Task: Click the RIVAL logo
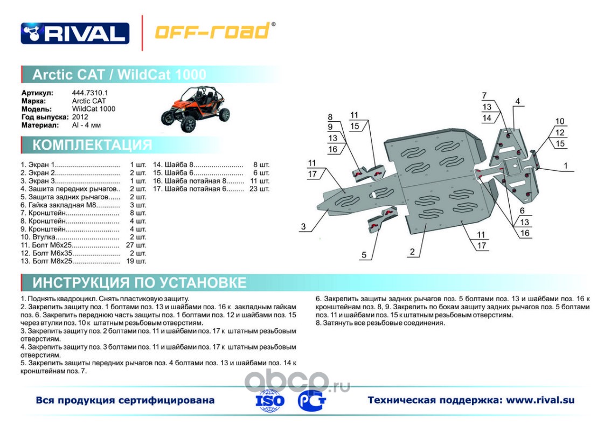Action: point(75,33)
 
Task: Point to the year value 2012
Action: point(80,117)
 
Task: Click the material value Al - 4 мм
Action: point(86,125)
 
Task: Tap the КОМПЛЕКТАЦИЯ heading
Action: point(92,145)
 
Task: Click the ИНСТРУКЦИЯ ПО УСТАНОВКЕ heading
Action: point(139,283)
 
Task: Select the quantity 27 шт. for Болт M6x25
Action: point(135,245)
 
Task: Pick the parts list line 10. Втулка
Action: point(70,237)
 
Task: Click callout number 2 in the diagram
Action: point(412,252)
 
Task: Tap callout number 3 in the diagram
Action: point(303,227)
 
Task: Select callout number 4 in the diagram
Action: point(517,101)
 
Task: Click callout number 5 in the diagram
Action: point(364,255)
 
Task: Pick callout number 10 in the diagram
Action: point(560,121)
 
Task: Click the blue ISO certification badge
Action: point(270,400)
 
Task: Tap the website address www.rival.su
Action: point(540,400)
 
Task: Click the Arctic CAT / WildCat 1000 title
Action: point(119,74)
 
